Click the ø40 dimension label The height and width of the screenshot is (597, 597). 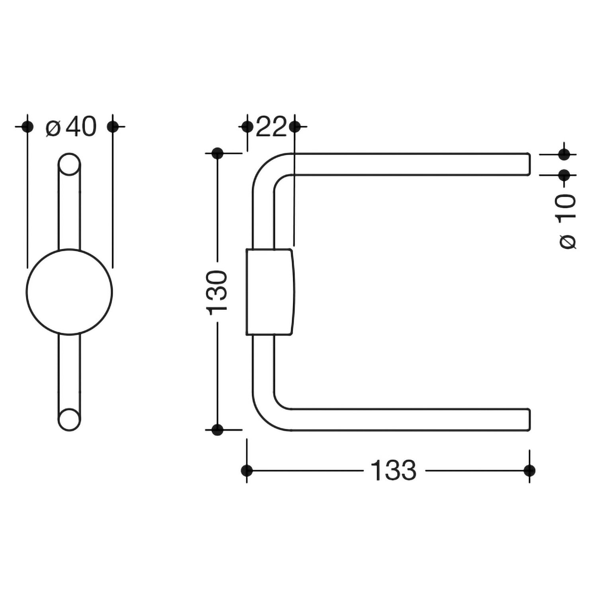(71, 127)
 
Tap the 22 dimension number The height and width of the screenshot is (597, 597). (271, 127)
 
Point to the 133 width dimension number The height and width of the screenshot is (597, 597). (393, 470)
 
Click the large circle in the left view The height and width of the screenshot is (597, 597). (70, 292)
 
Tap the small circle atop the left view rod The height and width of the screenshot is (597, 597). (69, 164)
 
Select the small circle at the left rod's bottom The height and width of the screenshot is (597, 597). (69, 419)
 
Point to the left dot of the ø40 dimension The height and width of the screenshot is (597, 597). (27, 127)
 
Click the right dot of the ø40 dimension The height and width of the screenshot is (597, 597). (113, 127)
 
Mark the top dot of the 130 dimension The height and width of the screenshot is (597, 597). (217, 153)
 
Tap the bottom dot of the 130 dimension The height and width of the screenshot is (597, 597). (217, 430)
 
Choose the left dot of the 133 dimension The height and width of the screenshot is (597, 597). (247, 470)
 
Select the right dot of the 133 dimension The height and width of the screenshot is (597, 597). (529, 470)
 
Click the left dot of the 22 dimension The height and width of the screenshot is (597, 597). (247, 127)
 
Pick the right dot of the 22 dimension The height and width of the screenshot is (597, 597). (295, 127)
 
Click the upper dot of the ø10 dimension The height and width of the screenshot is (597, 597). (564, 154)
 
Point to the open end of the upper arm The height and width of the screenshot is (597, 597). (530, 164)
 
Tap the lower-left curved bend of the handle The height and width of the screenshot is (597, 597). (263, 414)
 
